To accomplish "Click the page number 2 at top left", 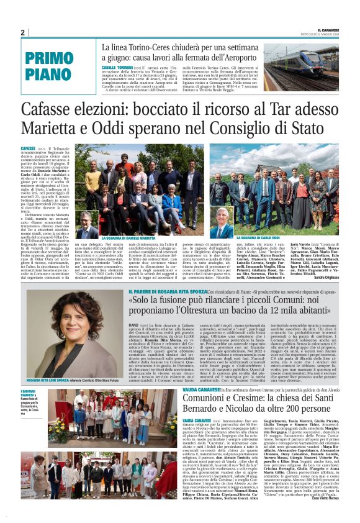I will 22,32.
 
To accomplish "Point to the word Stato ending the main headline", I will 304,129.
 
